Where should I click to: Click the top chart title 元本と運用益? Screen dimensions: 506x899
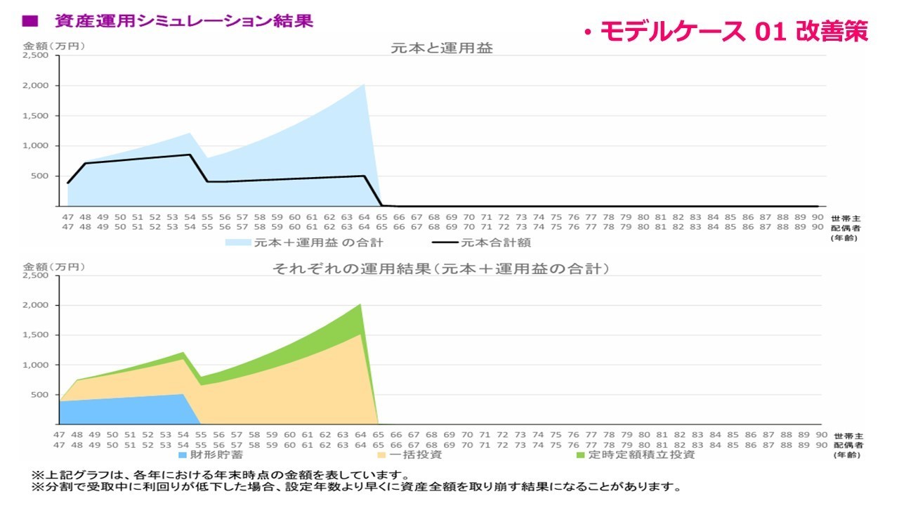click(x=442, y=48)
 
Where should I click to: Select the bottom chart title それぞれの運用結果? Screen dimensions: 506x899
click(x=440, y=268)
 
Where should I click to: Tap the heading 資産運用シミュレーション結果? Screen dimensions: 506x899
click(x=184, y=21)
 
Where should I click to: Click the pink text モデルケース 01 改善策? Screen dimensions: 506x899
click(x=727, y=31)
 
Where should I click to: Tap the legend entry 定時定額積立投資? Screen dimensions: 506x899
click(x=640, y=455)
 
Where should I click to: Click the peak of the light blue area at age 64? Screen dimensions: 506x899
click(x=363, y=85)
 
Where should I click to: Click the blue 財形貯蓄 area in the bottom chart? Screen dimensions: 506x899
click(x=126, y=411)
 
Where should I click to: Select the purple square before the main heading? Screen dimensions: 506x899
click(x=30, y=21)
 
